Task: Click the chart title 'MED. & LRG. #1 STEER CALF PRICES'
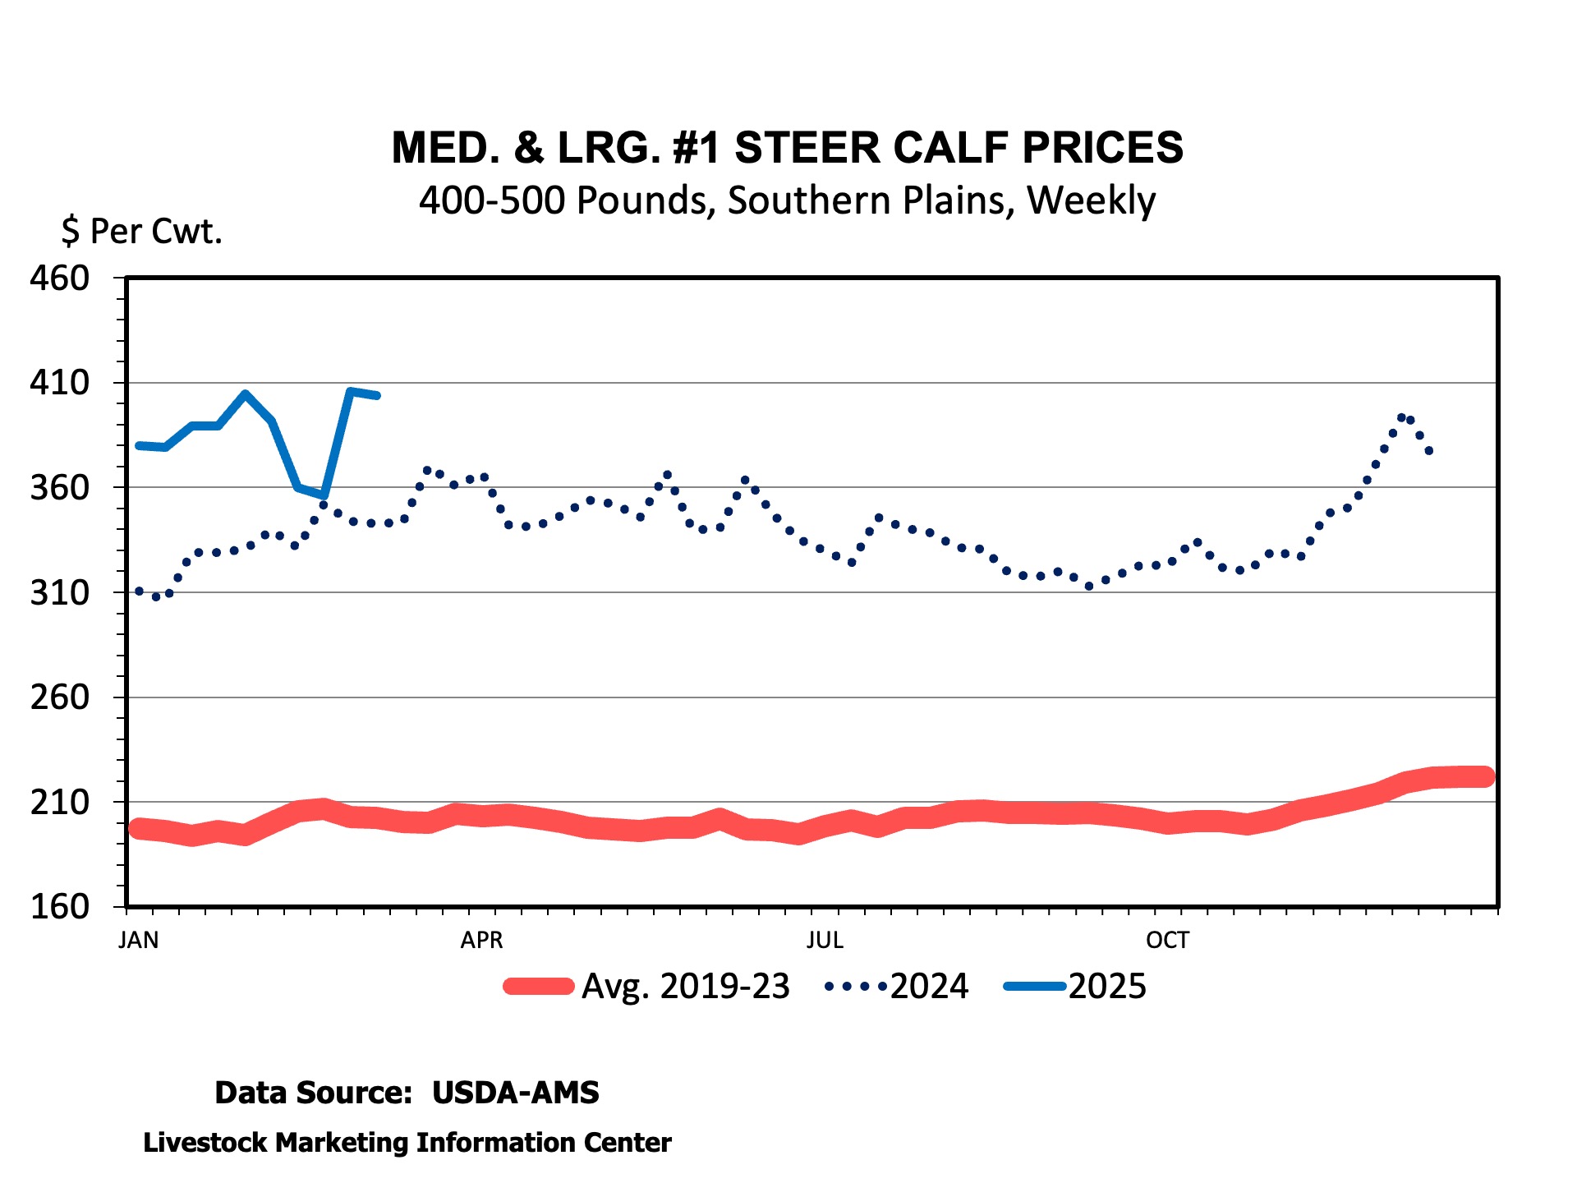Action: tap(787, 148)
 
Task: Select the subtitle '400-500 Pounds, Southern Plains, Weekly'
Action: tap(787, 200)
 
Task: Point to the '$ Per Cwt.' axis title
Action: tap(141, 232)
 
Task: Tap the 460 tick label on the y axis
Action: tap(60, 278)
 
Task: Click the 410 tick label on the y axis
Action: tap(60, 383)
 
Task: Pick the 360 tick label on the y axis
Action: tap(60, 488)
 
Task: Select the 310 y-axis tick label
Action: tap(60, 592)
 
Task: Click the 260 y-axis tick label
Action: tap(60, 697)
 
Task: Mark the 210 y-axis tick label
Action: tap(60, 803)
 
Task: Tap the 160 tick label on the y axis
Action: tap(60, 907)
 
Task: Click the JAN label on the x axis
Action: tap(139, 940)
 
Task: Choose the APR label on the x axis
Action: tap(481, 940)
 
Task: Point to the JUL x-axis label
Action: tap(825, 940)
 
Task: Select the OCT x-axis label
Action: tap(1167, 940)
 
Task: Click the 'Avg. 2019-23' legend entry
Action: tap(647, 987)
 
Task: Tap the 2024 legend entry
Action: tap(897, 987)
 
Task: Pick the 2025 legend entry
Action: tap(1075, 987)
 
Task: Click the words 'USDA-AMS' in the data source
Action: tap(516, 1093)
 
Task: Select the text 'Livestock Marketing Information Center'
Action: tap(407, 1143)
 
